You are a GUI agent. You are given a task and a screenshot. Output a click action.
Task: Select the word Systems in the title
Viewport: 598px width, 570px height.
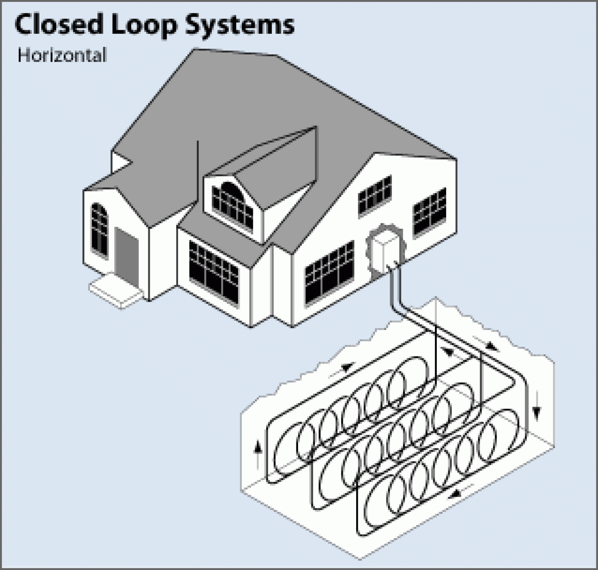click(x=239, y=25)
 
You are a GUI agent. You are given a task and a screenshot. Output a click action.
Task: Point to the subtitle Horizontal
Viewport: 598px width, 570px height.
click(x=62, y=55)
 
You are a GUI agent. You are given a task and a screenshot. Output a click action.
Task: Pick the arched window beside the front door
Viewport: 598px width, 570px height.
click(x=99, y=228)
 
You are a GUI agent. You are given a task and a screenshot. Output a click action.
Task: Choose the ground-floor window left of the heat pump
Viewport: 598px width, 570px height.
click(x=330, y=271)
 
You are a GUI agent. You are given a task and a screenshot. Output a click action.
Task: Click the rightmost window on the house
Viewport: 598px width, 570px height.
click(x=429, y=212)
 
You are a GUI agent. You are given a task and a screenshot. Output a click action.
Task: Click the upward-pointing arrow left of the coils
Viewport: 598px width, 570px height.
click(x=257, y=454)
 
